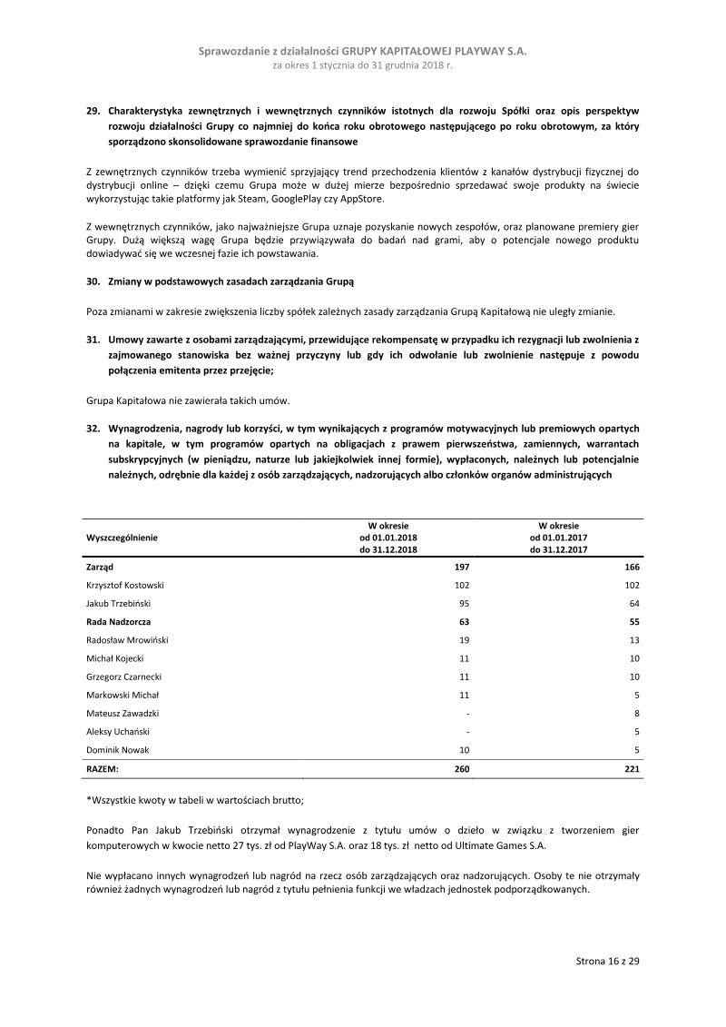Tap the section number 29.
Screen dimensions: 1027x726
93,111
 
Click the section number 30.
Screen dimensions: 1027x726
93,281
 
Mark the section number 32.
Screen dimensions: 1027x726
93,427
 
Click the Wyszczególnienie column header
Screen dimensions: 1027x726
122,538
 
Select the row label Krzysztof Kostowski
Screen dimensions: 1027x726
125,585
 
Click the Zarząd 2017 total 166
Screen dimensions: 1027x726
632,567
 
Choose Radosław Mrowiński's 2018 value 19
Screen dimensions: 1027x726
463,640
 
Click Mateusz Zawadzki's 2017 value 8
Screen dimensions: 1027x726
636,714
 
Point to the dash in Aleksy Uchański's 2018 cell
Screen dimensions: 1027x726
466,732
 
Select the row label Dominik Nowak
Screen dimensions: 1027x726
117,750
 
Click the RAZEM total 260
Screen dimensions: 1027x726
461,768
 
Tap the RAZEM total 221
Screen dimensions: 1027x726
632,768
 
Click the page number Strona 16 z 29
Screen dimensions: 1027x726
607,961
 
